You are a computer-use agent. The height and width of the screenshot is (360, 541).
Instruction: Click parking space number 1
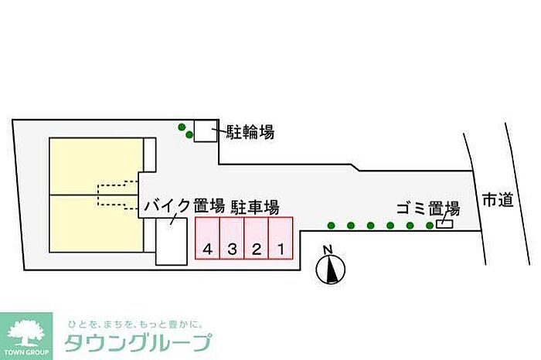(x=281, y=240)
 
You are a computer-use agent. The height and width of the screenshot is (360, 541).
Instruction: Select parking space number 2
(x=257, y=240)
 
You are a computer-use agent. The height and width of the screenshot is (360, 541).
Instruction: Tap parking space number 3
(x=232, y=240)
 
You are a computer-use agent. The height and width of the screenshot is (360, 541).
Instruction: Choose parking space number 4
(x=207, y=240)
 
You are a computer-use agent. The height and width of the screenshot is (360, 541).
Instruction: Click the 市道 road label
(x=497, y=200)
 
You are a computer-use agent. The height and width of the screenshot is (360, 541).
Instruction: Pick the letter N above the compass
(x=328, y=249)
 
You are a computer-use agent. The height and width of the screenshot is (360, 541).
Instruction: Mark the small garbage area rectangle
(x=444, y=224)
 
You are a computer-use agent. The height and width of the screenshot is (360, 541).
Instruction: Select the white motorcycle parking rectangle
(x=172, y=243)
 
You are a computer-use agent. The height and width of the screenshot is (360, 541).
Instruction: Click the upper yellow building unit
(x=94, y=165)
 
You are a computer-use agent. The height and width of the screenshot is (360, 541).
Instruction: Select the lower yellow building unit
(x=94, y=223)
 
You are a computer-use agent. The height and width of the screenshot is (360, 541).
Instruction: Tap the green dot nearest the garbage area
(x=430, y=226)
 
